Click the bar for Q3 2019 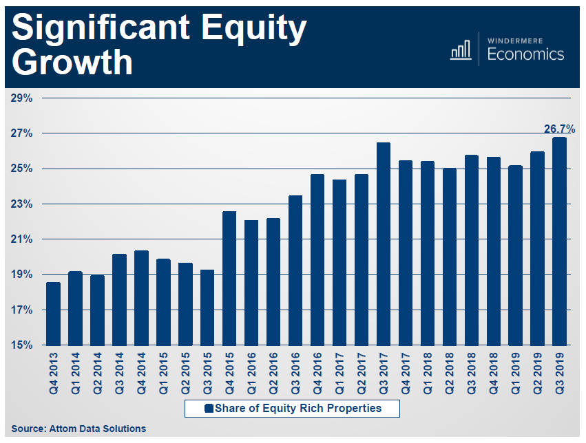click(559, 241)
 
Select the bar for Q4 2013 click(52, 314)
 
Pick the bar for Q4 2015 click(229, 278)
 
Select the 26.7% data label click(559, 129)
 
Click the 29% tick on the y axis click(22, 98)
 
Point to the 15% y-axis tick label click(22, 345)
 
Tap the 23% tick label click(22, 204)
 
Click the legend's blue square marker click(209, 409)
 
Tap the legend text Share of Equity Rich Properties click(297, 409)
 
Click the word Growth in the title click(73, 63)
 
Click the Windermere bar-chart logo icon click(460, 50)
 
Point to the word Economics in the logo click(525, 54)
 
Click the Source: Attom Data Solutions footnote click(79, 429)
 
